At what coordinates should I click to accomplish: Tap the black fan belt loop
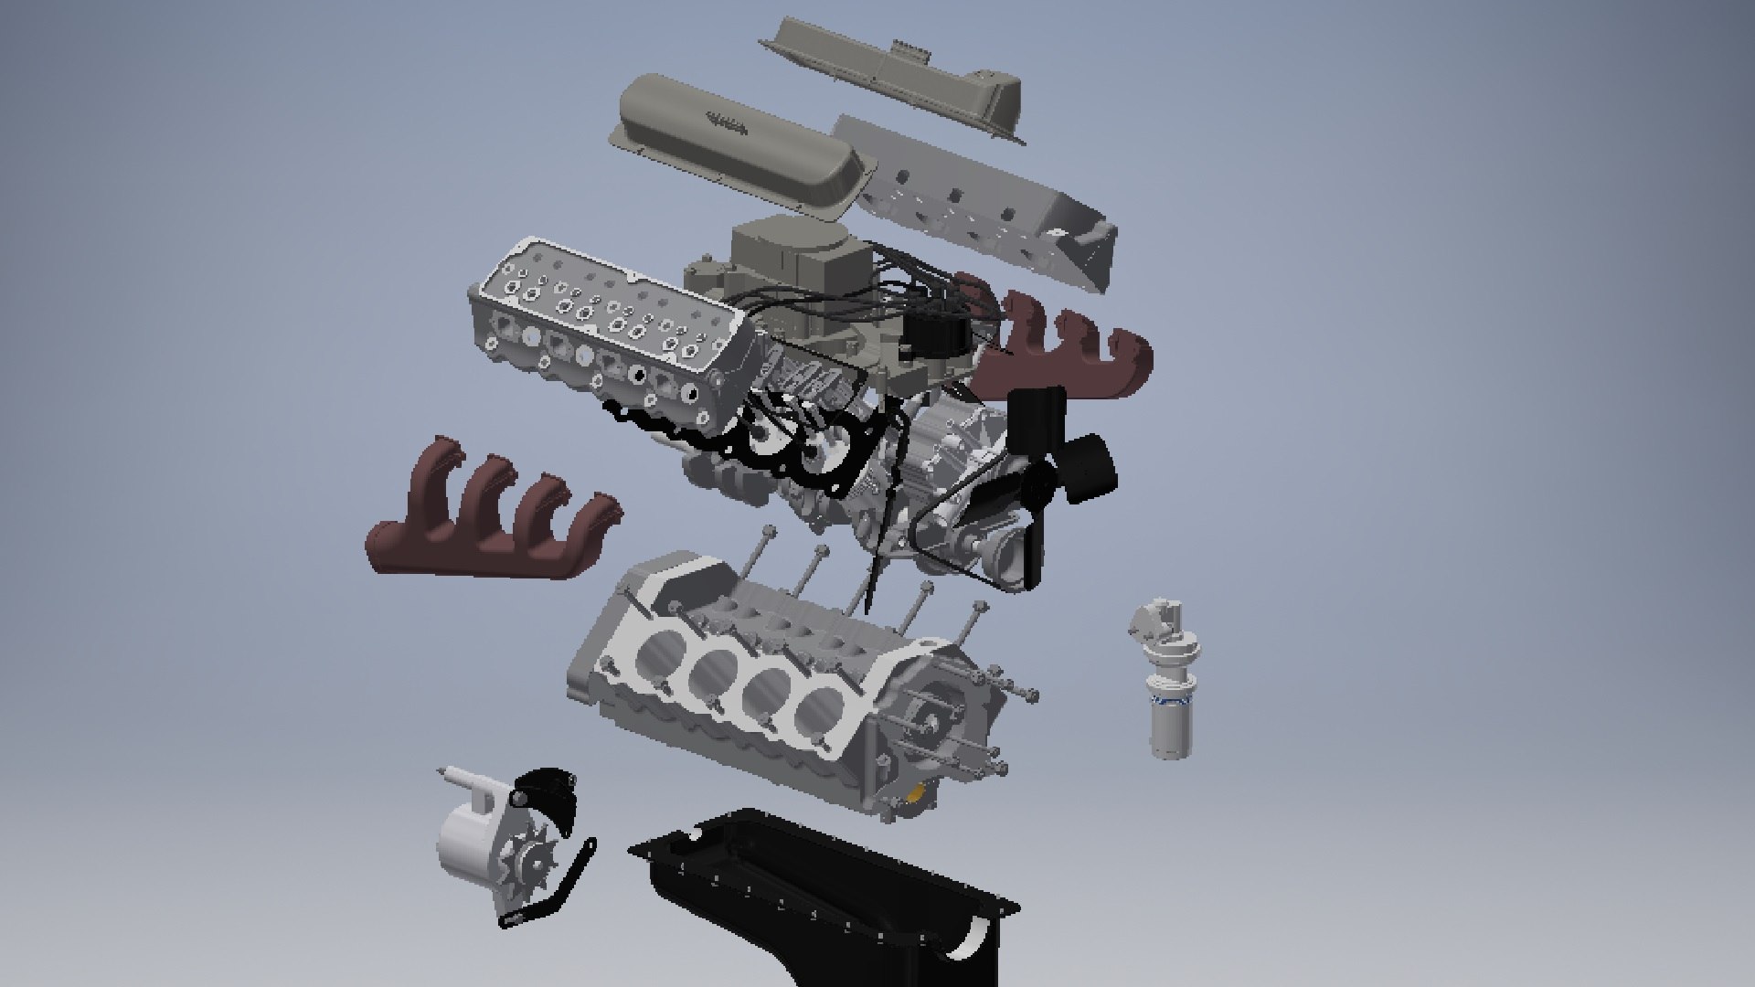tap(951, 539)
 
